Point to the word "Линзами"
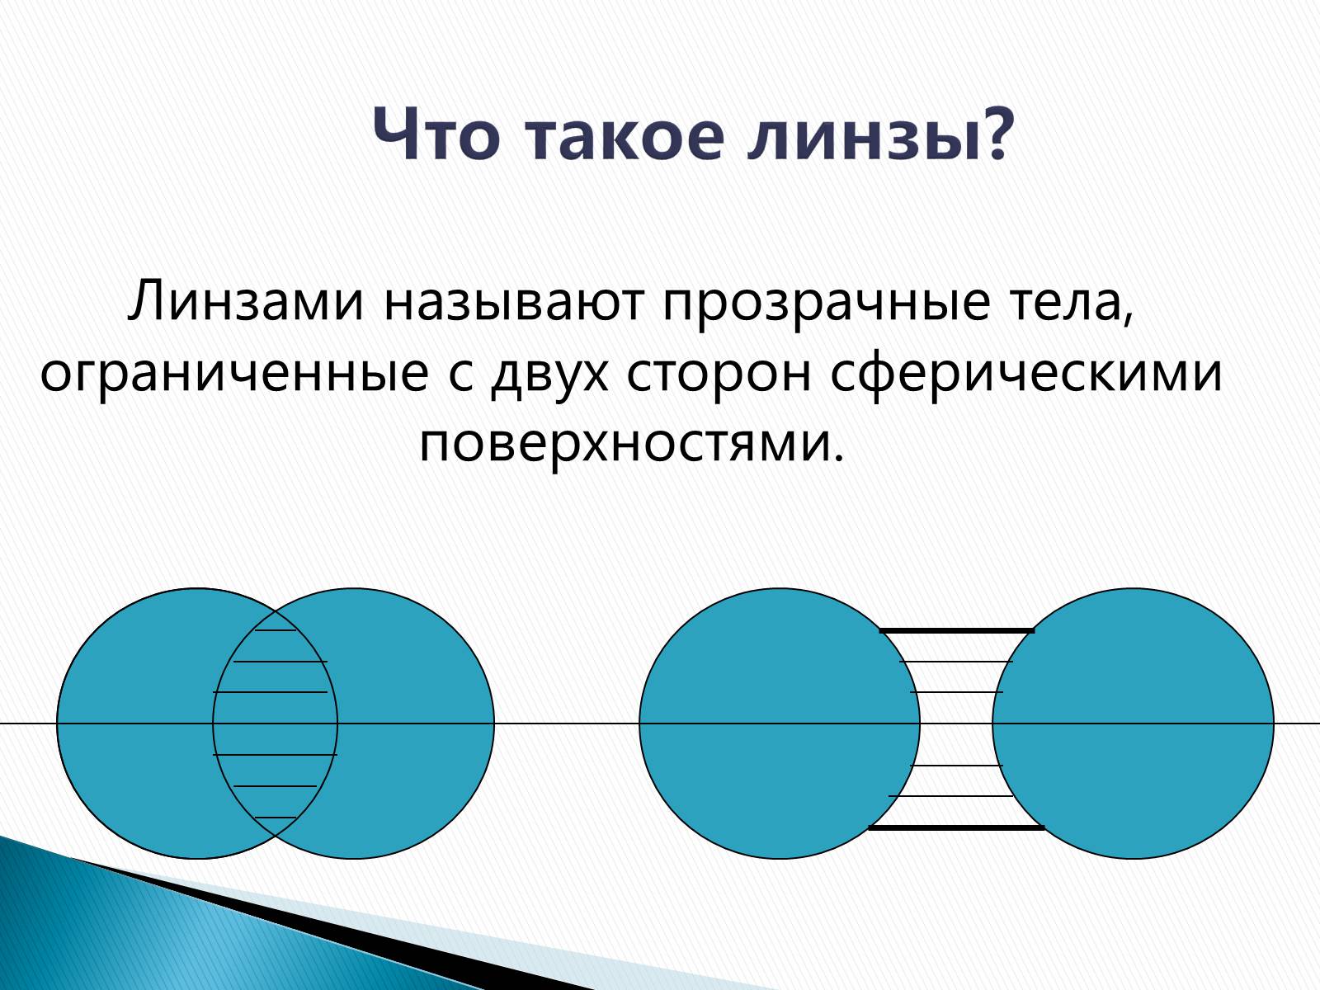tap(246, 300)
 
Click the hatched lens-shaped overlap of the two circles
tap(275, 724)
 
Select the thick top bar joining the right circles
tap(957, 631)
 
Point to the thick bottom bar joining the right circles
tap(957, 828)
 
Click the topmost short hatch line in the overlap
tap(276, 630)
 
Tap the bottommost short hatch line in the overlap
tap(276, 818)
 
